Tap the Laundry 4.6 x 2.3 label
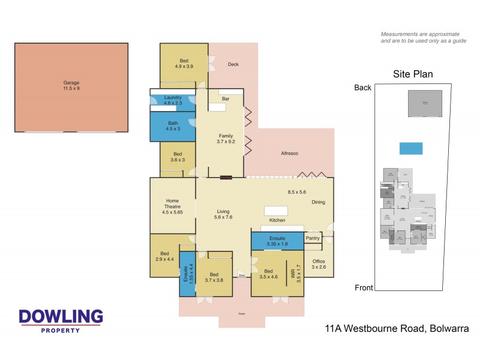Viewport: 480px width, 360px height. [x=172, y=100]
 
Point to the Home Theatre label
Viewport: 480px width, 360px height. [x=172, y=204]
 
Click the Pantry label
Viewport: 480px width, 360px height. [x=313, y=238]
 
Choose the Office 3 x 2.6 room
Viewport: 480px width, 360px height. [x=319, y=264]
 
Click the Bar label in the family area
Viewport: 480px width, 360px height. [x=226, y=98]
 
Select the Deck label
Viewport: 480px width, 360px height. [x=233, y=64]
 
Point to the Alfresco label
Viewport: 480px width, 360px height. [x=290, y=154]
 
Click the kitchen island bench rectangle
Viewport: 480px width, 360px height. [x=276, y=211]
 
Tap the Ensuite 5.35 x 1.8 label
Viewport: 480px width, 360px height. [x=277, y=241]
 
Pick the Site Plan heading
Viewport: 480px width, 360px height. [x=413, y=74]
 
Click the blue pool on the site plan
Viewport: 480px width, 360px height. [x=410, y=148]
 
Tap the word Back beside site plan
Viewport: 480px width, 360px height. [x=362, y=88]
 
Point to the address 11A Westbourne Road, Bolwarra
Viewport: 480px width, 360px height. [x=392, y=328]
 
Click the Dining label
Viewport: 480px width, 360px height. [x=318, y=202]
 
